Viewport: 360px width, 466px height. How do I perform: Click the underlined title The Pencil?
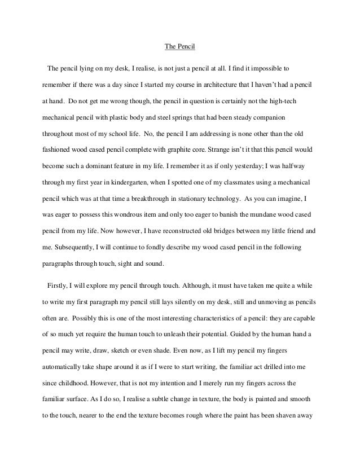coord(179,47)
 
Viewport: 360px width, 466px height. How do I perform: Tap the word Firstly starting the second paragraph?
coord(58,286)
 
